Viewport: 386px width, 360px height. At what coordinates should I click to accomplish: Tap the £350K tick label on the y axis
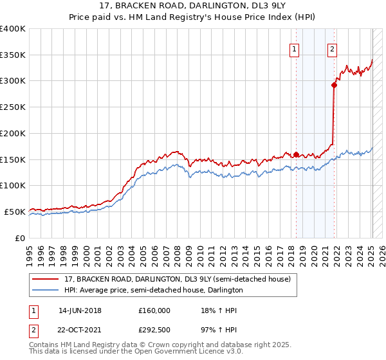(x=13, y=55)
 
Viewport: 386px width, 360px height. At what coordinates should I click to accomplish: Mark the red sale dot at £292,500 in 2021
(x=335, y=85)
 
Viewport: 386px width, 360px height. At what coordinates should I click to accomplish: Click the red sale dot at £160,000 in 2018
(x=296, y=154)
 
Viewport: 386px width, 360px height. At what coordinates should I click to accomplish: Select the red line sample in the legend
(x=46, y=279)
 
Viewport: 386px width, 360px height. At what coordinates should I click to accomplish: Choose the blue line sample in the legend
(x=46, y=290)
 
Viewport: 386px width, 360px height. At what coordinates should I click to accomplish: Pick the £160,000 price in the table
(x=154, y=310)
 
